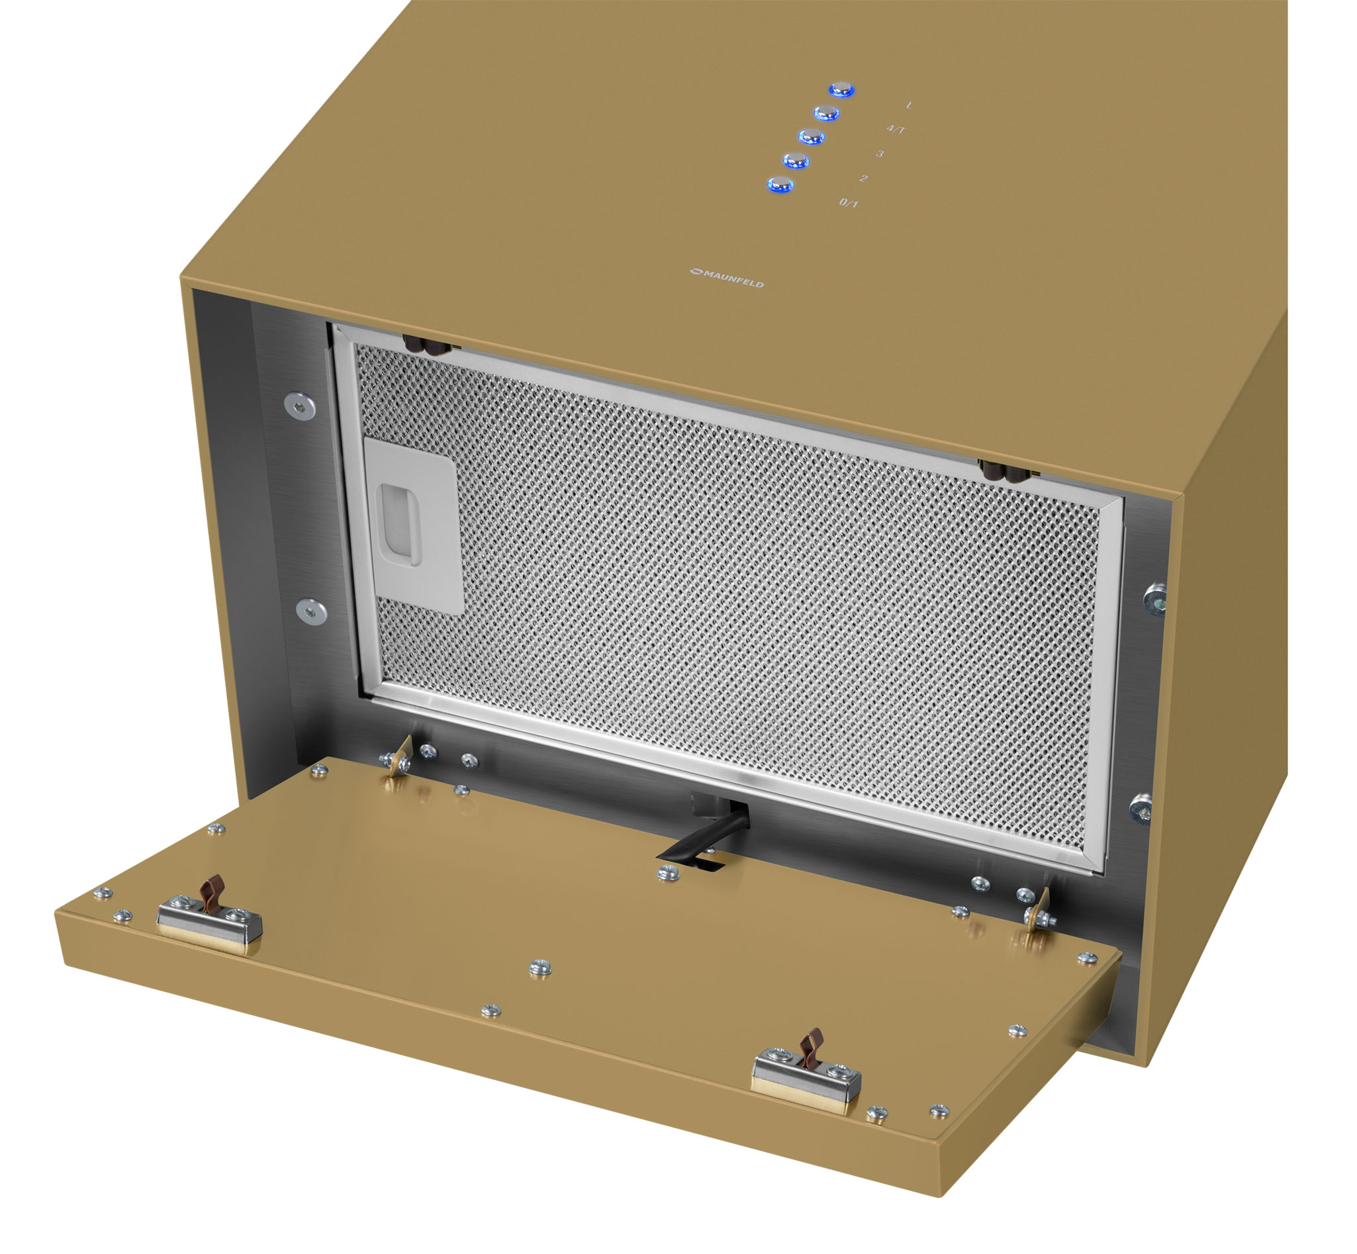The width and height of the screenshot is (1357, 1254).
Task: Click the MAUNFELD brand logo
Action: pos(727,277)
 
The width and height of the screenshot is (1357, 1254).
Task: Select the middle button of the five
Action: pos(811,136)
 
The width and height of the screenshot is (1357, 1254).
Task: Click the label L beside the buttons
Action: pos(909,105)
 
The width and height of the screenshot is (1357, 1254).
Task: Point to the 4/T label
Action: pos(896,129)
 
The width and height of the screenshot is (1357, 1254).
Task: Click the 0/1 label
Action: pos(849,203)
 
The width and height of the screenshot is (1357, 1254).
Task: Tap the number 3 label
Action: pos(879,154)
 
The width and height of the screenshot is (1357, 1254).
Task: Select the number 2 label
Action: pos(863,179)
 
